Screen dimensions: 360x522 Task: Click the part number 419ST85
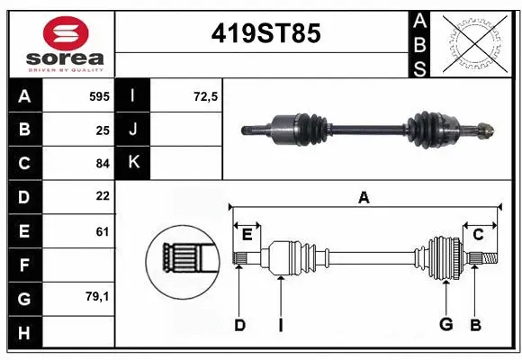pos(265,33)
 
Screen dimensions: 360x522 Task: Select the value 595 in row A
pos(98,95)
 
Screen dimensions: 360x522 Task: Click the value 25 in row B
pos(102,129)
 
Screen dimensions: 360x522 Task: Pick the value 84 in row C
pos(102,163)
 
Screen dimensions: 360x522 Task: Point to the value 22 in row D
pos(102,196)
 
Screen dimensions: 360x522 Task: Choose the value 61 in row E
pos(102,231)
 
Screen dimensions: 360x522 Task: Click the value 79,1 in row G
pos(97,296)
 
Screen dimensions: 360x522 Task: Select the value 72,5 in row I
pos(206,95)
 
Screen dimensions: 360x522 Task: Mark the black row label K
pos(133,163)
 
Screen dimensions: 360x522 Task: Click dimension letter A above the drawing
pos(364,197)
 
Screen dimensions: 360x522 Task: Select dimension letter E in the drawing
pos(247,235)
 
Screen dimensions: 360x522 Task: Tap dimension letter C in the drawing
pos(478,235)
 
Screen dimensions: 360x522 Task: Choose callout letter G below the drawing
pos(445,325)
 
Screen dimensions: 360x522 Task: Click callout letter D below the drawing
pos(239,325)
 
